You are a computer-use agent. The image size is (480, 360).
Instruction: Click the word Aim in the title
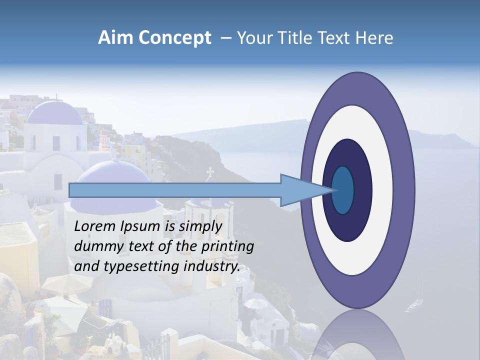click(x=115, y=38)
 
